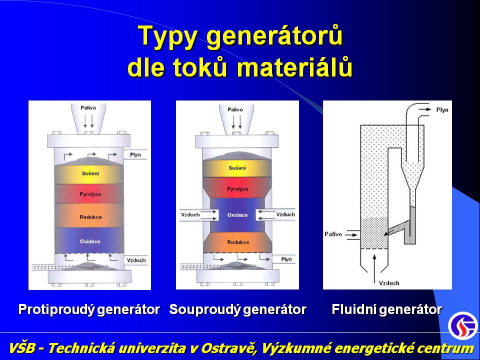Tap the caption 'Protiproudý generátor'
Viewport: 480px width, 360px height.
click(x=89, y=309)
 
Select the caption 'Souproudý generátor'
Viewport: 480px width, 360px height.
click(x=237, y=309)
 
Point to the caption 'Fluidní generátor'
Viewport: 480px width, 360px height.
click(x=387, y=309)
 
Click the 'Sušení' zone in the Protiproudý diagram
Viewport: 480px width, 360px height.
click(x=89, y=174)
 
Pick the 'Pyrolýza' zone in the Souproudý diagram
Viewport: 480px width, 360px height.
click(x=237, y=187)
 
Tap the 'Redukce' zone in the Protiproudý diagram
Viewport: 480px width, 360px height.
click(x=89, y=215)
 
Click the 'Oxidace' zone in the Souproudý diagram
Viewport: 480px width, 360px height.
click(x=237, y=215)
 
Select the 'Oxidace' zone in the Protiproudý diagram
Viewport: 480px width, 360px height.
click(x=89, y=240)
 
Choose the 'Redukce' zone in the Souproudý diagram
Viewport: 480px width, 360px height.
click(x=238, y=242)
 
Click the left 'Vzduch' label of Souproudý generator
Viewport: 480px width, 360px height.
click(x=190, y=214)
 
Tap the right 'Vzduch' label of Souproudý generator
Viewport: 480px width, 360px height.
click(x=285, y=214)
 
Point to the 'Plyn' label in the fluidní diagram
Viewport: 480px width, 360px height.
click(x=442, y=110)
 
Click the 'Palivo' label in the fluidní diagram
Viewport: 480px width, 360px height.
click(x=333, y=234)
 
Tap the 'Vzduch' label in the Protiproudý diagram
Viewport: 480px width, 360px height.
click(x=136, y=260)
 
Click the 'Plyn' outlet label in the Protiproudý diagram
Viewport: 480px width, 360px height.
click(x=135, y=154)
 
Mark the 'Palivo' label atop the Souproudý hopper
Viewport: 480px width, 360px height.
click(x=235, y=109)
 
